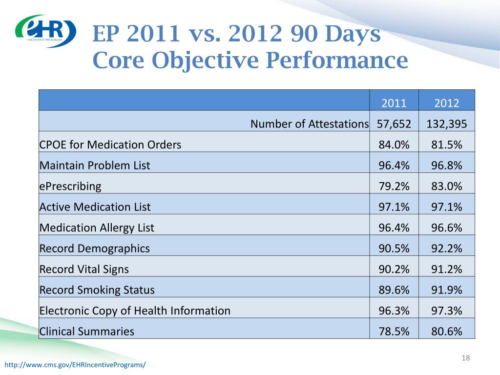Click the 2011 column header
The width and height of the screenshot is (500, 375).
click(394, 103)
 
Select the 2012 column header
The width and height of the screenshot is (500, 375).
click(446, 103)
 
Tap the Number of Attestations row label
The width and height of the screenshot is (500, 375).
click(310, 124)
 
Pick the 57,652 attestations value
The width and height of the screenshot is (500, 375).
click(394, 124)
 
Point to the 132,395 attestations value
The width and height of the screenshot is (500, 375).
click(446, 124)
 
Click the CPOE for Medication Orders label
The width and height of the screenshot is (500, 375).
click(110, 145)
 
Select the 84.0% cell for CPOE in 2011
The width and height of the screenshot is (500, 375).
click(394, 145)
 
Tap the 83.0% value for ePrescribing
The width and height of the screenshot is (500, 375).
click(446, 186)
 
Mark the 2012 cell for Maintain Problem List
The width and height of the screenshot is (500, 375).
click(446, 166)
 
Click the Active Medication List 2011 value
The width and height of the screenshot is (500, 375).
click(394, 207)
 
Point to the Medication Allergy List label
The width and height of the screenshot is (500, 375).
click(97, 228)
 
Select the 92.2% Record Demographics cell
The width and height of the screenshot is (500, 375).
click(446, 249)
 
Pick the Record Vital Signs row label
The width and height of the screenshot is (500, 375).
click(84, 269)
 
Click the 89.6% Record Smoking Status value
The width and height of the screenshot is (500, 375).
click(394, 290)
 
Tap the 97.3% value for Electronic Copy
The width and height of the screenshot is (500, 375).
click(446, 311)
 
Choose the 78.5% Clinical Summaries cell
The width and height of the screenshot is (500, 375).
click(394, 332)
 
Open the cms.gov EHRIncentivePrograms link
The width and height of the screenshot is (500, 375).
click(75, 365)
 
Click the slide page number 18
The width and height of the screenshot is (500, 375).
click(465, 359)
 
